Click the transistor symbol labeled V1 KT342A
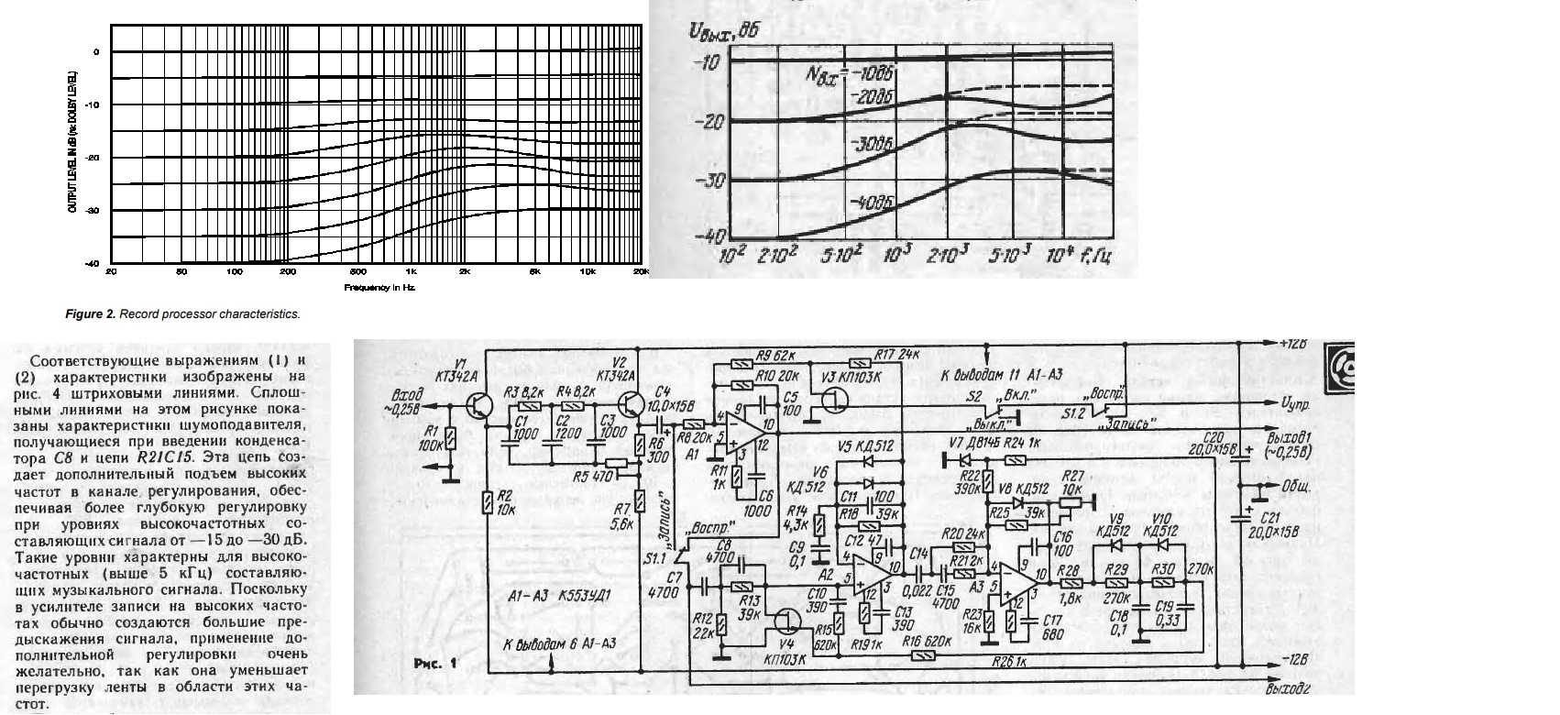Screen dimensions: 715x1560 coord(478,404)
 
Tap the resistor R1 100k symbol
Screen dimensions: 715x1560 coord(450,443)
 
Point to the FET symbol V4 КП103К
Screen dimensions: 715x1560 coord(785,621)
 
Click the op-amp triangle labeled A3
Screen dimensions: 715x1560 coord(1016,584)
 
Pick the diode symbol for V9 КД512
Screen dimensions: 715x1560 coord(1116,544)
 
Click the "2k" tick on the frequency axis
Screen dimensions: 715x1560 coord(465,273)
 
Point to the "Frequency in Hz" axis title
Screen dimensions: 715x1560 coord(379,288)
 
